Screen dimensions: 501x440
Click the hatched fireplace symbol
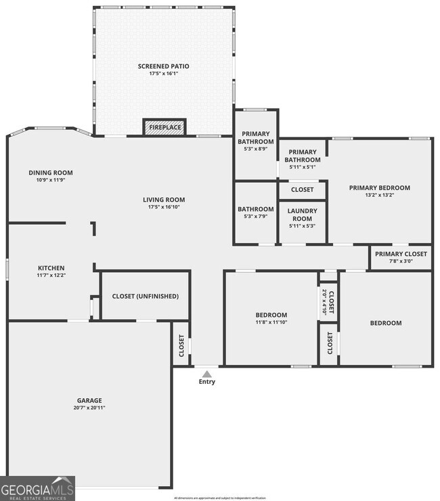pyautogui.click(x=164, y=127)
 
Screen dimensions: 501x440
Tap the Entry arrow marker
pyautogui.click(x=207, y=373)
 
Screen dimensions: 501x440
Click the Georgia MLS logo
pyautogui.click(x=37, y=487)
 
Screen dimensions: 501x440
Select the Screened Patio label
pyautogui.click(x=163, y=66)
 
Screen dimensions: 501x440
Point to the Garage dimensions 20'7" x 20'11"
pyautogui.click(x=89, y=408)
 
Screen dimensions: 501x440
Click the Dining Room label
pyautogui.click(x=50, y=173)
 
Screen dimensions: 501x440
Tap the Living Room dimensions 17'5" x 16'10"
pyautogui.click(x=164, y=207)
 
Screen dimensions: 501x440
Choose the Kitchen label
pyautogui.click(x=51, y=267)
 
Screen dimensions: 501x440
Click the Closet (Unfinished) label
pyautogui.click(x=146, y=296)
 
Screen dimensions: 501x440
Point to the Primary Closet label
pyautogui.click(x=401, y=254)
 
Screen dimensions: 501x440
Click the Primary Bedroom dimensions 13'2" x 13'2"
pyautogui.click(x=379, y=195)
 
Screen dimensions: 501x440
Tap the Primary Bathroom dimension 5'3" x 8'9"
pyautogui.click(x=256, y=149)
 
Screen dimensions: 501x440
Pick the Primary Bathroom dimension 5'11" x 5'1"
pyautogui.click(x=302, y=167)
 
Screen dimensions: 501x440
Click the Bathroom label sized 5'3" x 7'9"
pyautogui.click(x=256, y=209)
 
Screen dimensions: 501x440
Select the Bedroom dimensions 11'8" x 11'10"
pyautogui.click(x=271, y=322)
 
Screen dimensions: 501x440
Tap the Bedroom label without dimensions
pyautogui.click(x=385, y=323)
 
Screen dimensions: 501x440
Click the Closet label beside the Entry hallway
pyautogui.click(x=181, y=345)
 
